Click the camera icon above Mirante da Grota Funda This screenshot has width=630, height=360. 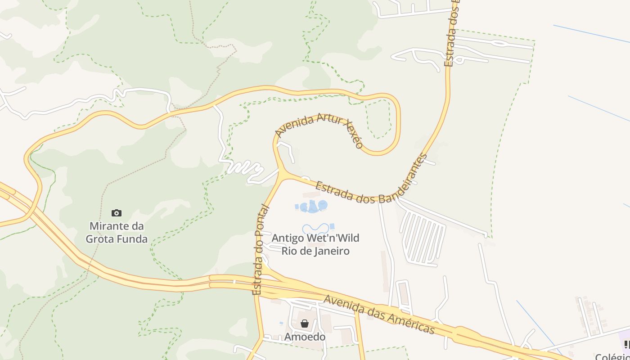117,213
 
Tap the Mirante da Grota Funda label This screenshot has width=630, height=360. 117,232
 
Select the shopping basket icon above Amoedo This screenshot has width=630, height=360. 305,324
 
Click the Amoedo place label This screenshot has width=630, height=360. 305,337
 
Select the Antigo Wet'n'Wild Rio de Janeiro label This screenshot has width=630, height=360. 315,244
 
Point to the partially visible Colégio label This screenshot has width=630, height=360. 612,356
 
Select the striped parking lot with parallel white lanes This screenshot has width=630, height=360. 422,238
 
